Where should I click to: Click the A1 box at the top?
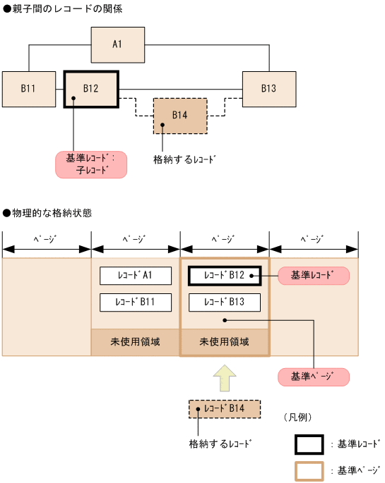tap(117, 45)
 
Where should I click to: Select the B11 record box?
tap(28, 89)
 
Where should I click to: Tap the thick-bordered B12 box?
tap(91, 89)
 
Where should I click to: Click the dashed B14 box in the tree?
tap(180, 116)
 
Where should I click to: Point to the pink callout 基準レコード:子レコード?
tap(91, 164)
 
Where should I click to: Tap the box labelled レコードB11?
tap(136, 302)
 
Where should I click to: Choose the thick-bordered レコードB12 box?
tap(225, 276)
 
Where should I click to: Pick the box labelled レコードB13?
tap(225, 302)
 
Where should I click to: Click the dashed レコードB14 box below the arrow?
tap(225, 409)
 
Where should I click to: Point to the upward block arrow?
tap(225, 379)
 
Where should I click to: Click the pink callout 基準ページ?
tap(314, 377)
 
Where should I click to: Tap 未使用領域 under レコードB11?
tap(136, 342)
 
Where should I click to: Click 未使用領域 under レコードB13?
tap(225, 342)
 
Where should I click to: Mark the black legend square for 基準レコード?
tap(309, 444)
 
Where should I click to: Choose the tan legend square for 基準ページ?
tap(309, 470)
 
